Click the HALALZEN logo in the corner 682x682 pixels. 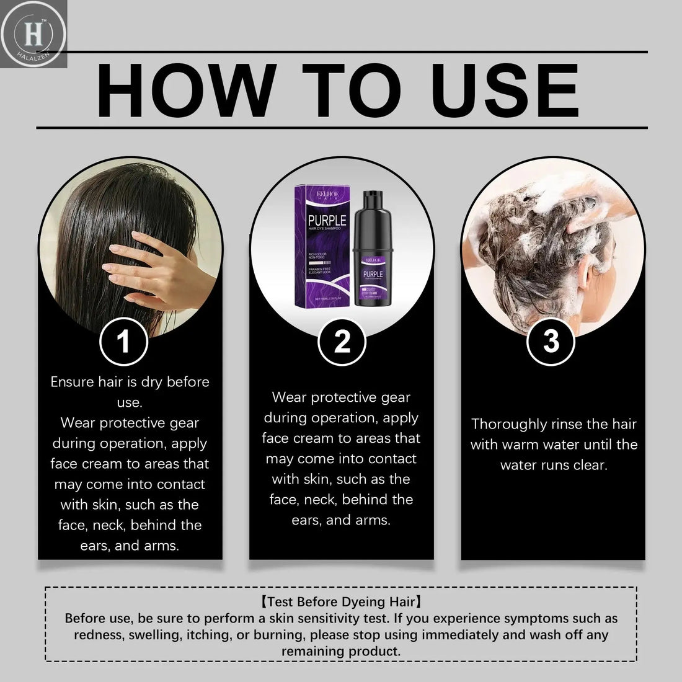33,33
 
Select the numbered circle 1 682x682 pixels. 124,342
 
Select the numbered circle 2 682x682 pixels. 342,342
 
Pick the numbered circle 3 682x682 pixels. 551,342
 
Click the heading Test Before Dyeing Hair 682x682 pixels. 341,601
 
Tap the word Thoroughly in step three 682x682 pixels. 509,424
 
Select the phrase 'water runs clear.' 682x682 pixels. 554,465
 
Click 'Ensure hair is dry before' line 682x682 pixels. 130,382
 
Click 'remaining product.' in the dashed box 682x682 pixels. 341,651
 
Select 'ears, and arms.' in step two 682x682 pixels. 341,520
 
